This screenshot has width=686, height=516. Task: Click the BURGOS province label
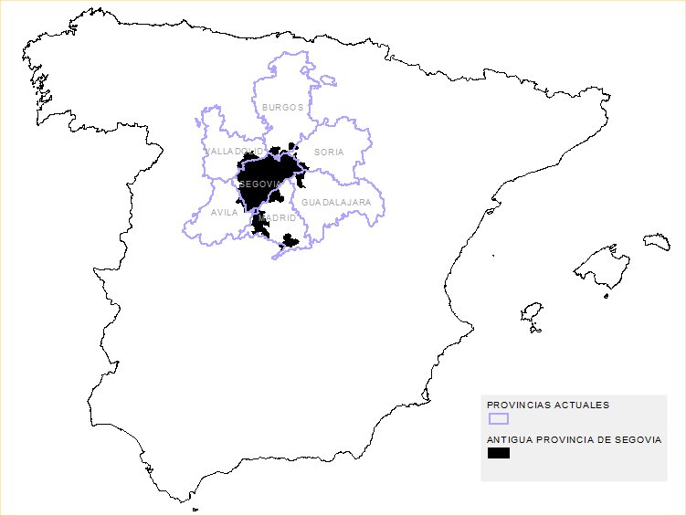282,107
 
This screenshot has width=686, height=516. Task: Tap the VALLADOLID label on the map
235,151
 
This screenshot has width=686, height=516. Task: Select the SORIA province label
329,152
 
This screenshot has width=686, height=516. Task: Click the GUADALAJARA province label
336,201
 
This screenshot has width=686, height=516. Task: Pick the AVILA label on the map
224,213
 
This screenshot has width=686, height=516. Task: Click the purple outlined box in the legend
498,418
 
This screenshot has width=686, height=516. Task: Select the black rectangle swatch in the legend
498,453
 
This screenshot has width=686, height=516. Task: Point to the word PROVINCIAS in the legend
517,405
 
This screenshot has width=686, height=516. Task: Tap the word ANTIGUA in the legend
509,439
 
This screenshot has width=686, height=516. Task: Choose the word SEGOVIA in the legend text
638,439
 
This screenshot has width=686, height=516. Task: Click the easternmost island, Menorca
657,241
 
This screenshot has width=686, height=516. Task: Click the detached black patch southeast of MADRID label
290,241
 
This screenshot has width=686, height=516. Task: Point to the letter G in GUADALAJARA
305,201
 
